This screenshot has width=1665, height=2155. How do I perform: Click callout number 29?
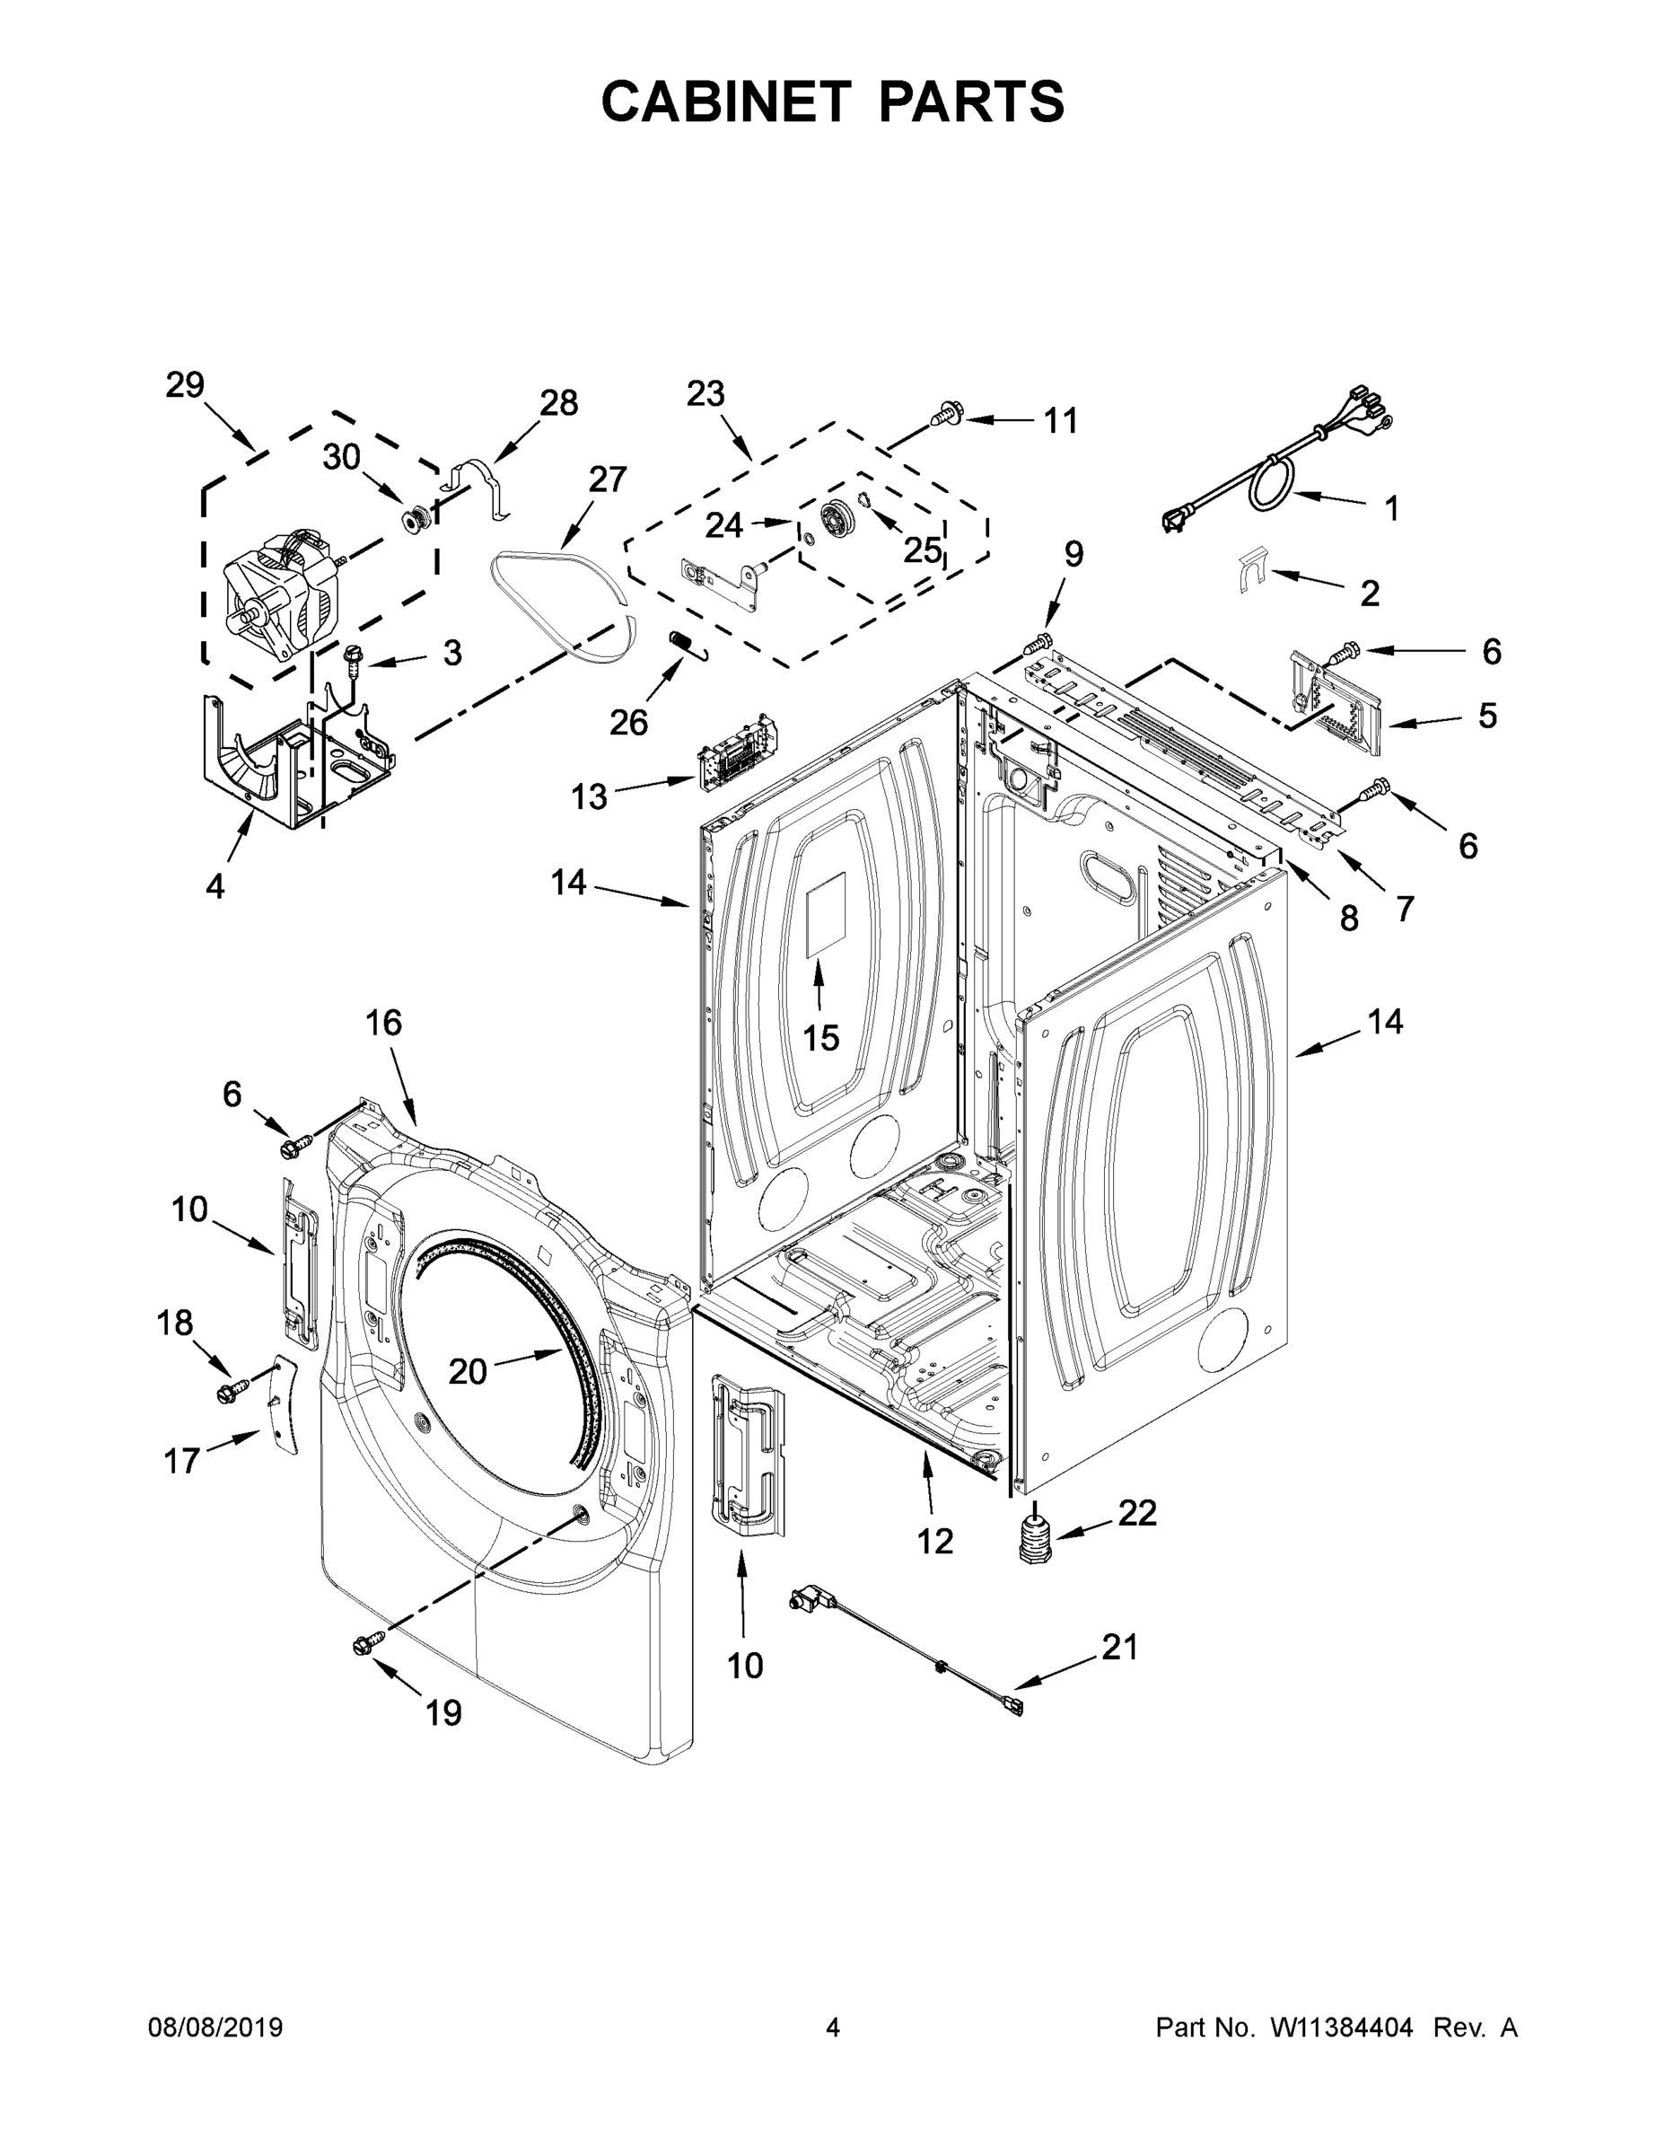pos(185,385)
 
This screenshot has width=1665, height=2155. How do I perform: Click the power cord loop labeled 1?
pos(1273,486)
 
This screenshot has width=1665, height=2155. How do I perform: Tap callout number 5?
pos(1486,715)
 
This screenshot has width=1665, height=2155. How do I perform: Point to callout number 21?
pos(1119,1647)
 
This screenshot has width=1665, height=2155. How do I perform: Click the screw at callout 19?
pos(364,1642)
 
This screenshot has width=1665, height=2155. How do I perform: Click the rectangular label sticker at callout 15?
pos(828,915)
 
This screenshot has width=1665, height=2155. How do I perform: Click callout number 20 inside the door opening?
pos(468,1370)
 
